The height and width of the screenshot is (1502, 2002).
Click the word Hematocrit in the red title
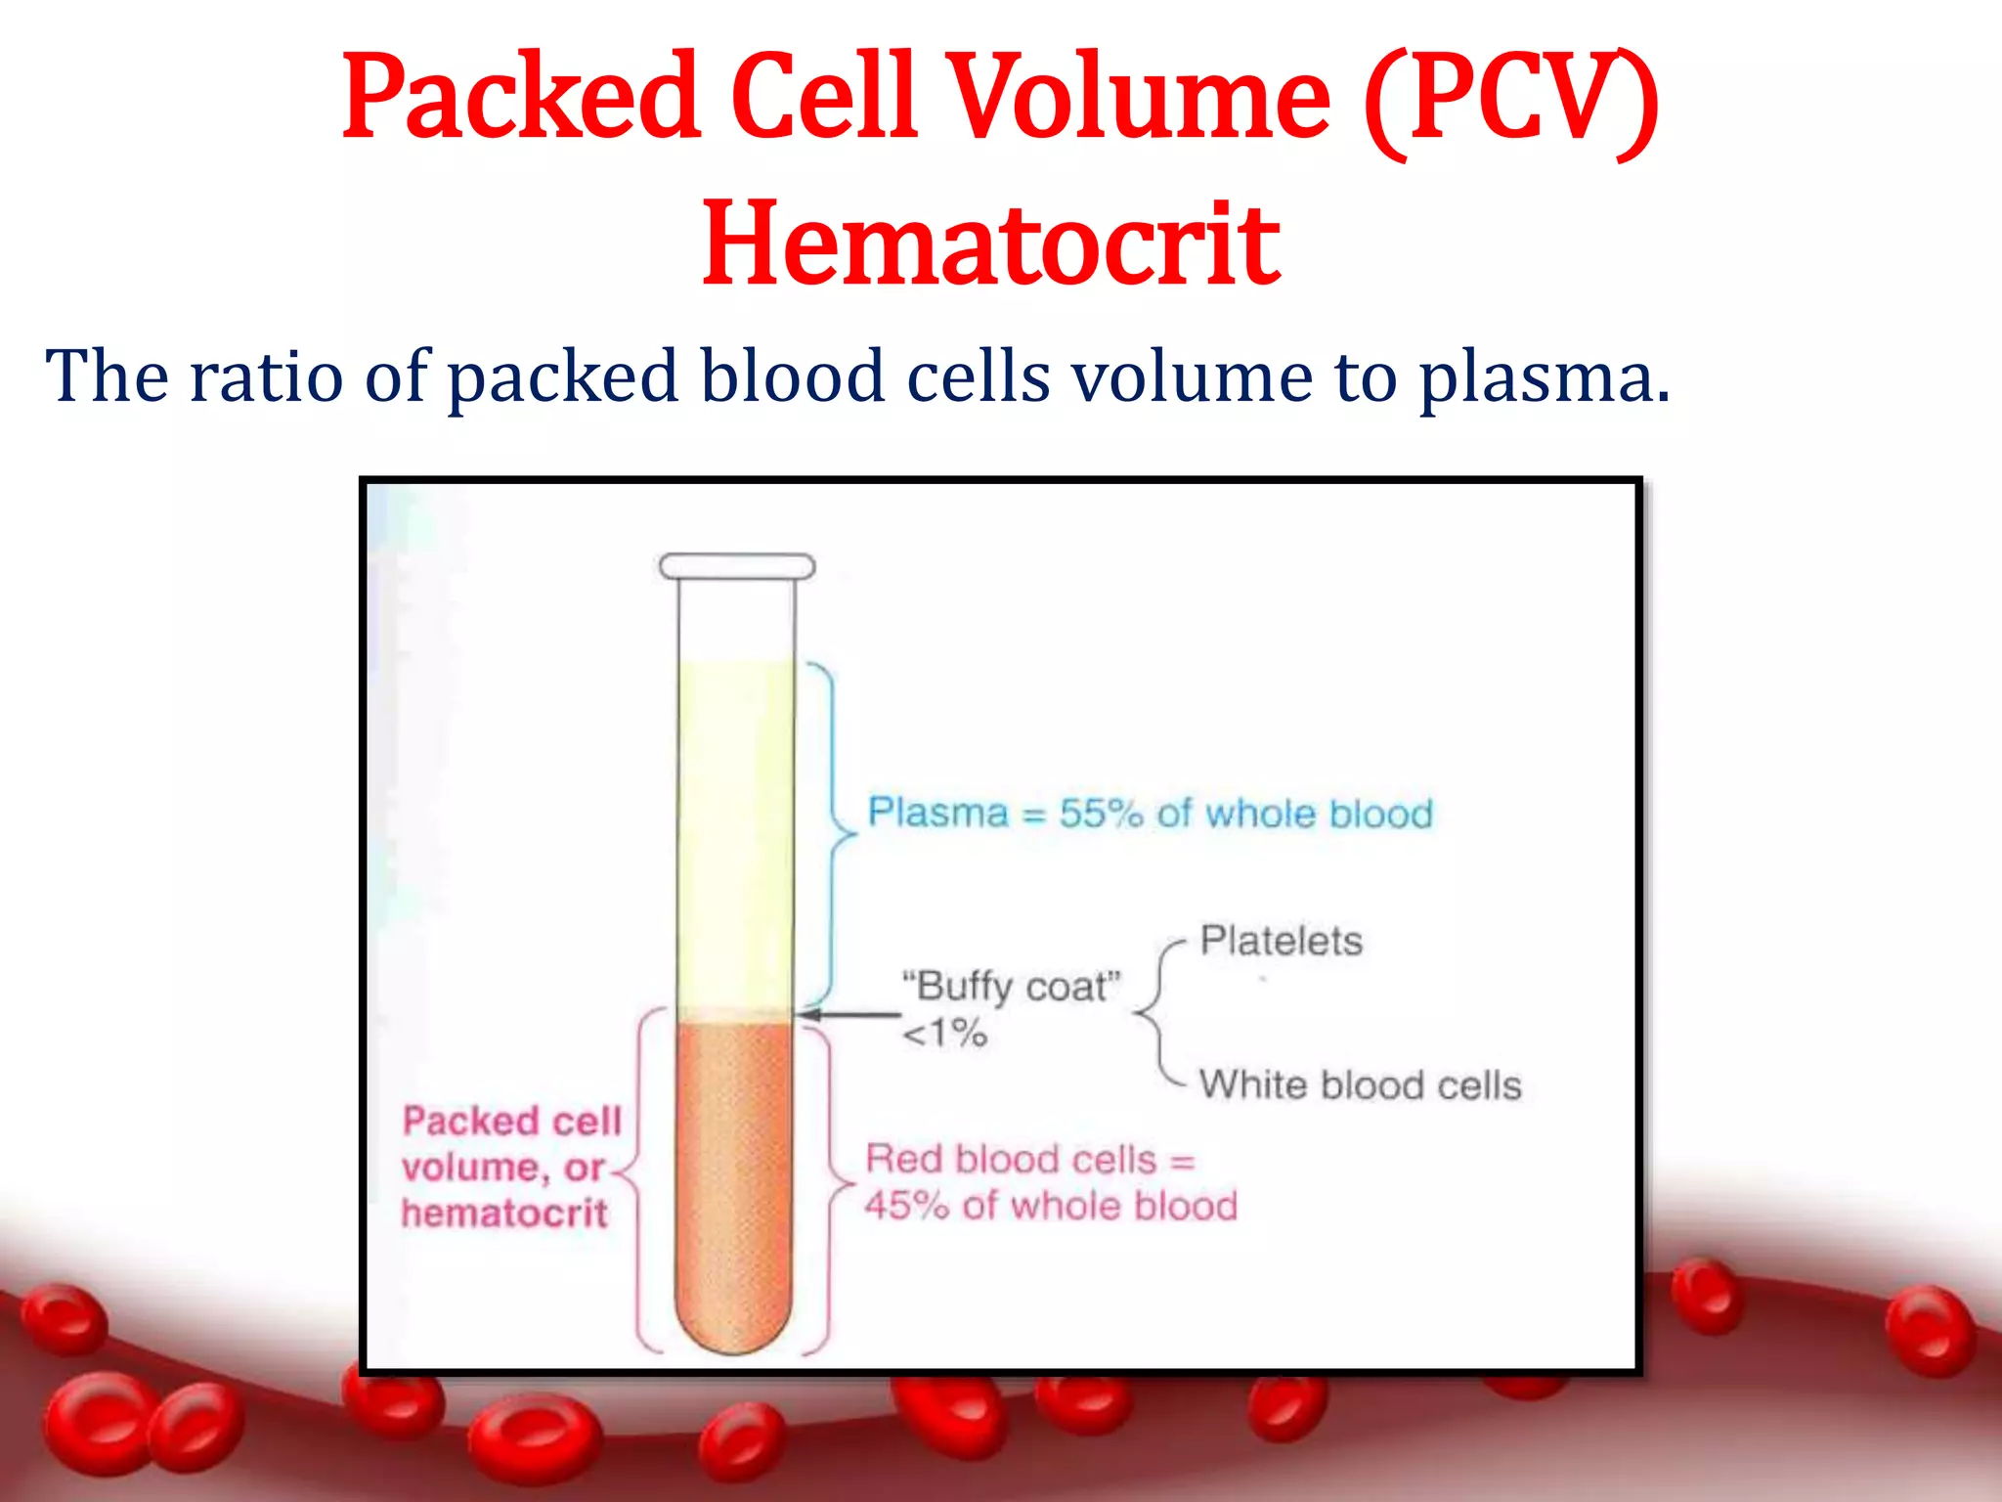(x=990, y=244)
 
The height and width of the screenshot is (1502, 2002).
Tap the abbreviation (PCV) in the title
(x=1510, y=98)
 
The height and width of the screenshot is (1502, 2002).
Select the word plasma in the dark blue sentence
(x=1544, y=376)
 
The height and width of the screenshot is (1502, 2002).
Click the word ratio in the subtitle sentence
(x=266, y=376)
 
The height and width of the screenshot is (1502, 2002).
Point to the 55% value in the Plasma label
(x=1101, y=814)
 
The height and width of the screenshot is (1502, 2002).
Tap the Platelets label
(x=1281, y=941)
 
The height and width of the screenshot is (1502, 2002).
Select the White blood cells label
(x=1360, y=1085)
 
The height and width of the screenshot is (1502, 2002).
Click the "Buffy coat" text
(x=1011, y=986)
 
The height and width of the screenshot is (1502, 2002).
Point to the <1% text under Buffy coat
(x=944, y=1033)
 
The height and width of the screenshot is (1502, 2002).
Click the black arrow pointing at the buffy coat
(x=849, y=1015)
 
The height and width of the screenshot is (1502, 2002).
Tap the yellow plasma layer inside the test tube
(x=735, y=831)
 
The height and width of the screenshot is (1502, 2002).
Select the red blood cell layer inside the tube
(x=733, y=1173)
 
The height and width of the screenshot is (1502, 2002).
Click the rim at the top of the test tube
(x=736, y=566)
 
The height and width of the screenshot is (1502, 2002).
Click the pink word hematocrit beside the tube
(x=504, y=1214)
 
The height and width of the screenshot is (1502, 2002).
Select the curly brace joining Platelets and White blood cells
(x=1154, y=1013)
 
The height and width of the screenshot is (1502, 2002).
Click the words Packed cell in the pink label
(x=511, y=1122)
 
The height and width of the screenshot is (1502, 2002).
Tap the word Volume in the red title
(x=1140, y=98)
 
